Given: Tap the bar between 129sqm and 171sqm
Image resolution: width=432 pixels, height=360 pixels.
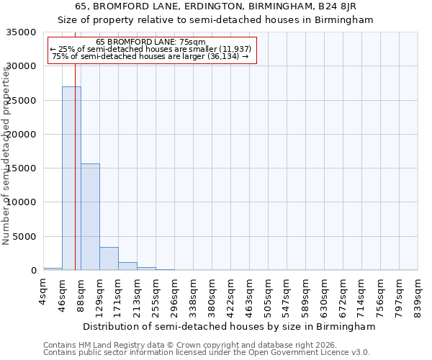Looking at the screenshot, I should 109,258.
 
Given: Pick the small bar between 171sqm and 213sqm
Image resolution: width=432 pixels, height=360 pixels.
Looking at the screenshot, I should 127,266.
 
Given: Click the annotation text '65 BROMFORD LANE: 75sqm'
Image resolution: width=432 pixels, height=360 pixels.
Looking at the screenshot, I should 150,42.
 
